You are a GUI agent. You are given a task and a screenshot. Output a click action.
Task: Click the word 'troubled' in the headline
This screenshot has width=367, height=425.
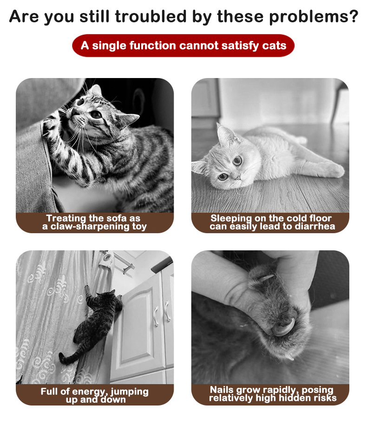click(x=151, y=16)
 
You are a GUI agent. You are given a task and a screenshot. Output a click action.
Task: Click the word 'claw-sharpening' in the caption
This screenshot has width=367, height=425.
click(x=90, y=226)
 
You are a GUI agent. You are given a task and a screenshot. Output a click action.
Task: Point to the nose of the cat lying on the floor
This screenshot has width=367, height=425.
click(x=238, y=177)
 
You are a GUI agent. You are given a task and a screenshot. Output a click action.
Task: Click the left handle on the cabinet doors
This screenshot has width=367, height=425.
click(x=156, y=316)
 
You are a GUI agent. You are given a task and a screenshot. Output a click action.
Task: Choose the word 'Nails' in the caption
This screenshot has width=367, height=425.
click(x=222, y=390)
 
